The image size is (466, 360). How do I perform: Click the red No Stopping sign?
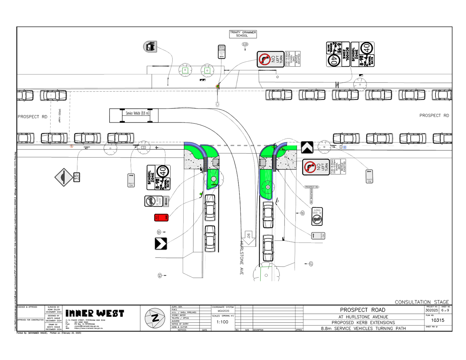point(161,217)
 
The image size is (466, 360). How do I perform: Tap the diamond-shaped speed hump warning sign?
point(63,177)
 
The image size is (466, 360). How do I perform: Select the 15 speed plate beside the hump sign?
point(76,177)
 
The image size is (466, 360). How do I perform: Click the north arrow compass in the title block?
point(155,318)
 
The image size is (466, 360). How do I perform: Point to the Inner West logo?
point(95,313)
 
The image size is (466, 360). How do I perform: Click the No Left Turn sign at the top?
point(270,59)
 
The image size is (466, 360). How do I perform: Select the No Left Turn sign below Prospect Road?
point(316,167)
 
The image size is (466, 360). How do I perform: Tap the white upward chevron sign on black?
point(307,147)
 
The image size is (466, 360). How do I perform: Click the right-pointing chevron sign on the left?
point(161,244)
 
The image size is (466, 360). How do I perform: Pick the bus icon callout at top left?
point(150,47)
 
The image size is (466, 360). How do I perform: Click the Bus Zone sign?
point(222,52)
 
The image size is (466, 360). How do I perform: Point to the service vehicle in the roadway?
point(134,115)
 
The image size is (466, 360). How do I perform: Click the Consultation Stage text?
point(422,302)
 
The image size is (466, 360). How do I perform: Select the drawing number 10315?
point(438,320)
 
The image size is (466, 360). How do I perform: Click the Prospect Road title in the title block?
point(362,310)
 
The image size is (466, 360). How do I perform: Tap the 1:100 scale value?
point(222,322)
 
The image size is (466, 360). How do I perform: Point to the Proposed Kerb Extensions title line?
point(363,323)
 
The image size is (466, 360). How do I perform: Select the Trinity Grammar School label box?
point(243,34)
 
